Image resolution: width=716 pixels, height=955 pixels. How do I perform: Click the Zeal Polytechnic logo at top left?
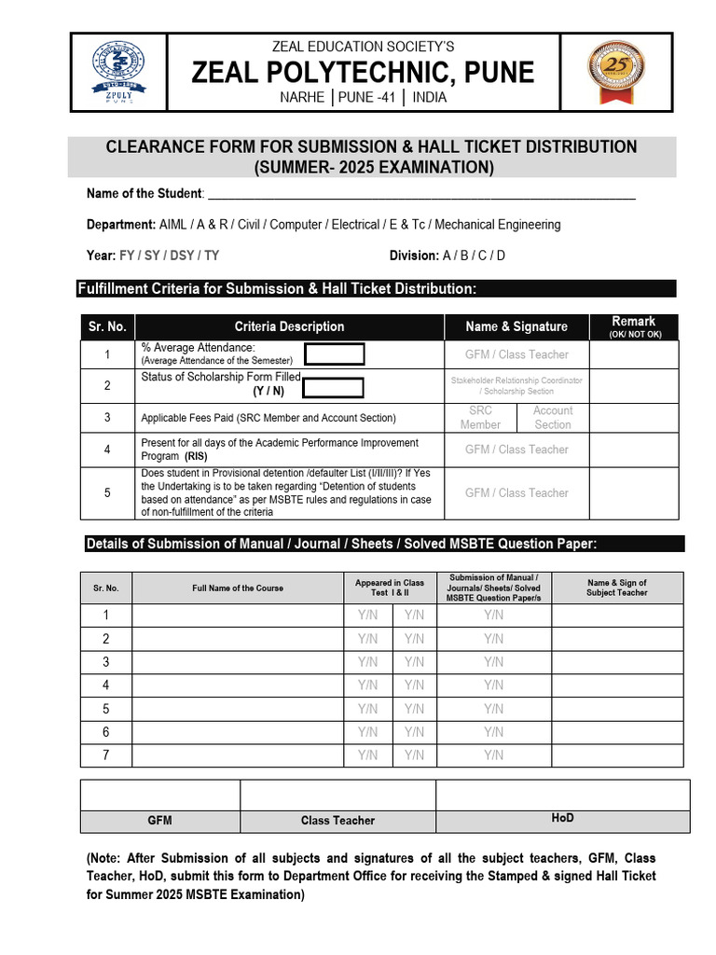point(117,74)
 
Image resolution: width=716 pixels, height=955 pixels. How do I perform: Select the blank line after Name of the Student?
point(420,194)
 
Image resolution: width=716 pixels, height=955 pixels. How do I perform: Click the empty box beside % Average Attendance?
point(335,354)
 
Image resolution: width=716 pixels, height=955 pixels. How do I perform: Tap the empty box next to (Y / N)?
point(333,388)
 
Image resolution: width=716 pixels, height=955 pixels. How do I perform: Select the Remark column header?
point(634,326)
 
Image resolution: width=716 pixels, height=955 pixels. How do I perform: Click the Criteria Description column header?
point(289,326)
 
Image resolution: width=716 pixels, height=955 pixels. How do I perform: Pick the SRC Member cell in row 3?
point(480,418)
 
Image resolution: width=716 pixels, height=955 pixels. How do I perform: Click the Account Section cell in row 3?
point(553,418)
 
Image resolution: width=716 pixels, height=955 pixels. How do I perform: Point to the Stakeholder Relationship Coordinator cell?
point(516,386)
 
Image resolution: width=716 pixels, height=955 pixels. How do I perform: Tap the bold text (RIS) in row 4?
point(196,457)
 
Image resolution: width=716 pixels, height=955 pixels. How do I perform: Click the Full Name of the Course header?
point(238,588)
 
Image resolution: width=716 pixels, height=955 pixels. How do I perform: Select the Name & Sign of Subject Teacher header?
point(616,588)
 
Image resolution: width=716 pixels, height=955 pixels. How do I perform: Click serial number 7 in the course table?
point(106,755)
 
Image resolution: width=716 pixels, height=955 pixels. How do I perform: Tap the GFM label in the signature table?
point(159,821)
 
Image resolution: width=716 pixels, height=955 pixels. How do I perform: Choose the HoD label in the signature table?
point(562,818)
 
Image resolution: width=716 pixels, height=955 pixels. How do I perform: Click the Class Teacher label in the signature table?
point(337,821)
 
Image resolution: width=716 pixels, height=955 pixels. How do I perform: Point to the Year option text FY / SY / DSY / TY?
point(169,256)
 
